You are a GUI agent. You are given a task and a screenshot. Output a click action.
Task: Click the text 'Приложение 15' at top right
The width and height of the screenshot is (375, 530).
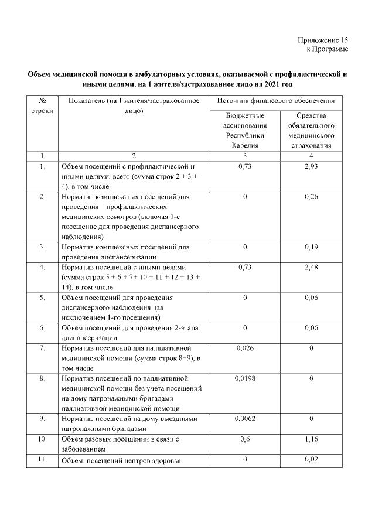pyautogui.click(x=323, y=40)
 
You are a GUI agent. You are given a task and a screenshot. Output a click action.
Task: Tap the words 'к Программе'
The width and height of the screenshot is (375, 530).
pyautogui.click(x=328, y=49)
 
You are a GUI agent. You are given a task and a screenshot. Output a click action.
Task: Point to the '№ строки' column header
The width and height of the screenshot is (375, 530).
pyautogui.click(x=42, y=106)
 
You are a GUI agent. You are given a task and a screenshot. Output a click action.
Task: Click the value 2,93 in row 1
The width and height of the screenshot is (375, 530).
pyautogui.click(x=311, y=167)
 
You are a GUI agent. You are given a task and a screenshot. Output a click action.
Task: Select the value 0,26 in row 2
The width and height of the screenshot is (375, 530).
pyautogui.click(x=311, y=197)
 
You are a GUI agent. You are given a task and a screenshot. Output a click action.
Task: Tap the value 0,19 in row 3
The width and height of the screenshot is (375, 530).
pyautogui.click(x=311, y=247)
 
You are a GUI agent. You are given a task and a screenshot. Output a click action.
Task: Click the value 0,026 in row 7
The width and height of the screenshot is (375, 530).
pyautogui.click(x=245, y=348)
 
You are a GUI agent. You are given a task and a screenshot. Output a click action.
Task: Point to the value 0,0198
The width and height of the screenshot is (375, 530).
pyautogui.click(x=245, y=378)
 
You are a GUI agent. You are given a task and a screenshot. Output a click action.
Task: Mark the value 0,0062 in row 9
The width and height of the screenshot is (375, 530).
pyautogui.click(x=245, y=419)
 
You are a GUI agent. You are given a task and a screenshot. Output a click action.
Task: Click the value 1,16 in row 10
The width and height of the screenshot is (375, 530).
pyautogui.click(x=311, y=439)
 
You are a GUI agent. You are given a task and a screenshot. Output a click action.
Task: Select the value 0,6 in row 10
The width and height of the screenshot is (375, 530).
pyautogui.click(x=245, y=439)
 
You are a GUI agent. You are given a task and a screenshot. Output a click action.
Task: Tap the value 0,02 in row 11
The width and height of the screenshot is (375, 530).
pyautogui.click(x=311, y=459)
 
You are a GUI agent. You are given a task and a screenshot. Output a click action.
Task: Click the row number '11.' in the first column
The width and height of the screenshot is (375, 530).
pyautogui.click(x=42, y=459)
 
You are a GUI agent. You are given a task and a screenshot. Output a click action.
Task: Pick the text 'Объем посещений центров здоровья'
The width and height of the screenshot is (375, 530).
pyautogui.click(x=121, y=460)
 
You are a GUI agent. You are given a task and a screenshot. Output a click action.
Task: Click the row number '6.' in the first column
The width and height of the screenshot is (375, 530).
pyautogui.click(x=42, y=328)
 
